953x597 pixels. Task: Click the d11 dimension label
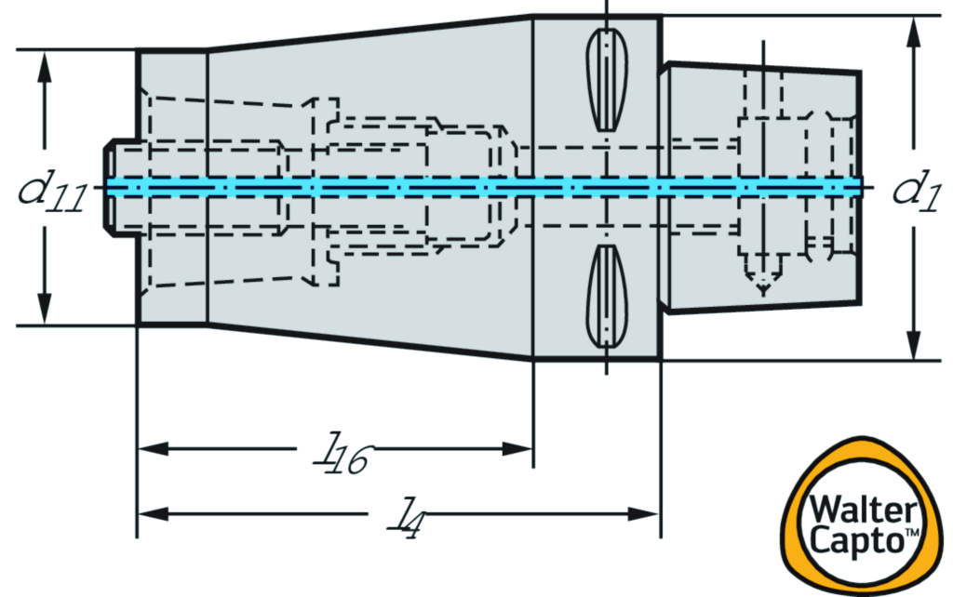pos(52,192)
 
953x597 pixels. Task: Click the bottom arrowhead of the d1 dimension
pos(913,345)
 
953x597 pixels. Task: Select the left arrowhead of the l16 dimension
pos(152,449)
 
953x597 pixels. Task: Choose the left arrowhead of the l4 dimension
pos(152,512)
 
